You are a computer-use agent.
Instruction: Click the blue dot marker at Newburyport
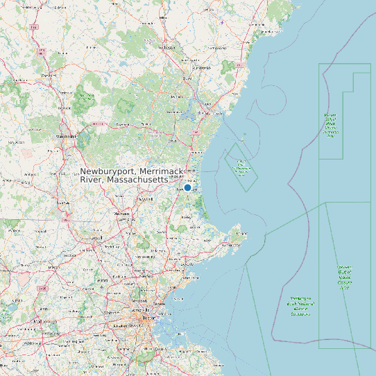[x=187, y=187]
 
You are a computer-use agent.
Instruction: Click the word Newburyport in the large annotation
[x=108, y=171]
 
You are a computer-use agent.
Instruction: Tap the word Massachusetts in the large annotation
[x=138, y=179]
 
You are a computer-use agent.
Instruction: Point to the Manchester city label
[x=67, y=137]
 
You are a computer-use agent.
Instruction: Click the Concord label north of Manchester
[x=49, y=75]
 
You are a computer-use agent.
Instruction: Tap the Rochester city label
[x=166, y=48]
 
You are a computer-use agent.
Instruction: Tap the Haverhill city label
[x=145, y=198]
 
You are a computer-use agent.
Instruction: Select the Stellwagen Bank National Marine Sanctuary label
[x=300, y=306]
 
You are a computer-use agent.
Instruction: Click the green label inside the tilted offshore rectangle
[x=241, y=166]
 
